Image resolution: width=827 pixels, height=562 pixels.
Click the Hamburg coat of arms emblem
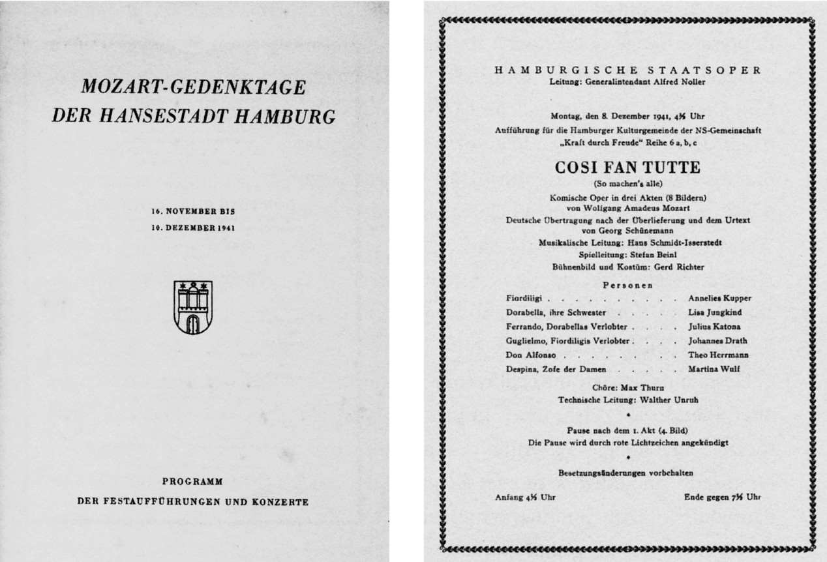tap(193, 307)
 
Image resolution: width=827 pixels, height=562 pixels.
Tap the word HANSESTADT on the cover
tap(161, 116)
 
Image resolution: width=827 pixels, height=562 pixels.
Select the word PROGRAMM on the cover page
tap(192, 482)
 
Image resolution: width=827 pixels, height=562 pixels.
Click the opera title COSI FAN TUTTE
tap(627, 168)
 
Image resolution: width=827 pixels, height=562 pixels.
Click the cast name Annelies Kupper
tap(719, 298)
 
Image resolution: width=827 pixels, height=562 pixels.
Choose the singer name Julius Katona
tap(714, 327)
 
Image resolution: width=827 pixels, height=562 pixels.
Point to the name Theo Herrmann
tap(717, 355)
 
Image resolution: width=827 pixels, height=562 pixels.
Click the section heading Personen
tap(627, 284)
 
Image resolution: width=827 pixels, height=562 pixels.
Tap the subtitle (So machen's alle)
tap(627, 185)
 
